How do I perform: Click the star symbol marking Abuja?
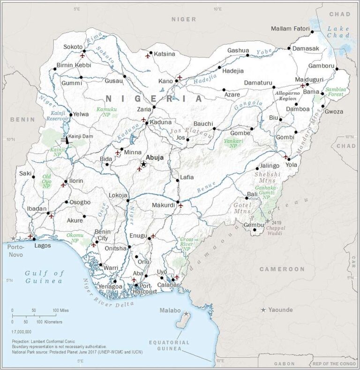pyautogui.click(x=143, y=164)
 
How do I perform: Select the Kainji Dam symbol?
pyautogui.click(x=66, y=139)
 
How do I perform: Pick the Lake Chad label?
pyautogui.click(x=338, y=32)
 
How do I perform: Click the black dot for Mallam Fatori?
pyautogui.click(x=311, y=32)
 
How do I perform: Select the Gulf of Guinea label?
pyautogui.click(x=44, y=277)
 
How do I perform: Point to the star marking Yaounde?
pyautogui.click(x=263, y=310)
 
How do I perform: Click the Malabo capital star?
pyautogui.click(x=186, y=313)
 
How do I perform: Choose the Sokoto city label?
pyautogui.click(x=73, y=47)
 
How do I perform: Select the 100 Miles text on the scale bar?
pyautogui.click(x=61, y=310)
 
